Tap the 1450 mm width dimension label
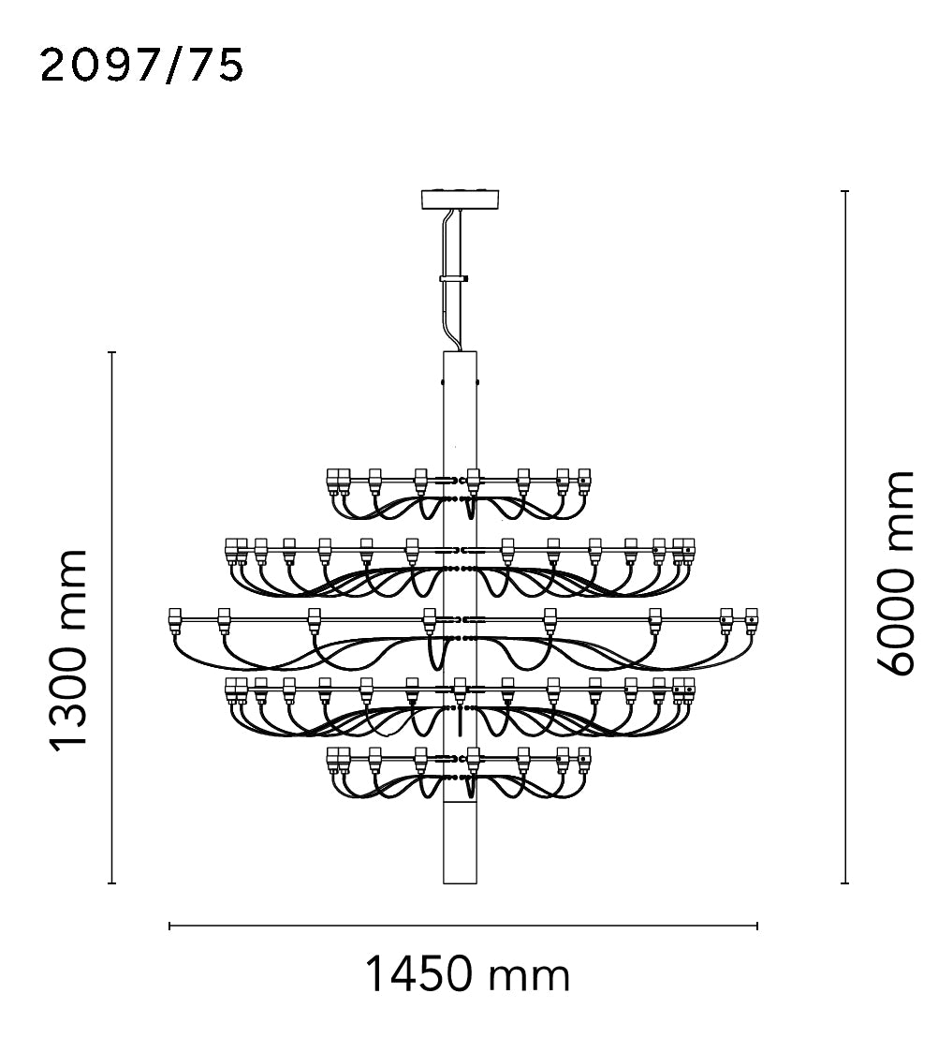tap(468, 976)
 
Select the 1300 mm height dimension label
tap(69, 648)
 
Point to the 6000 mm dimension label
tap(895, 573)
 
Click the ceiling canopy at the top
tap(461, 199)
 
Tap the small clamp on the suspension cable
tap(454, 278)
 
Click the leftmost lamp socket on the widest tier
tap(175, 620)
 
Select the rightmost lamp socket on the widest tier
tap(752, 620)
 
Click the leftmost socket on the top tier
tap(332, 481)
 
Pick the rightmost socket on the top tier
tap(584, 481)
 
